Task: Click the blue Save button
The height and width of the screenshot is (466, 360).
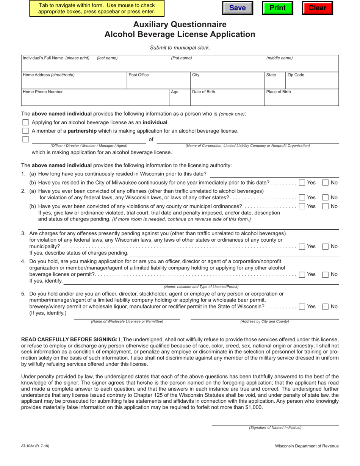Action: click(238, 8)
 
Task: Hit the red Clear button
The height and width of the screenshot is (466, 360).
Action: click(317, 8)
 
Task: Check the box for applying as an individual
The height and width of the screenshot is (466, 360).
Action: click(25, 122)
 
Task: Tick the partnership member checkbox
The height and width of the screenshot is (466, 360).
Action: click(25, 131)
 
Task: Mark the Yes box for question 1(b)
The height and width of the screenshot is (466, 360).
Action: click(302, 183)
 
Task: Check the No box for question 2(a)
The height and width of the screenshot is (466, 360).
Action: click(326, 197)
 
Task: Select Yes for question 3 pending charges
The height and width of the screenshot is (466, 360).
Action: click(302, 247)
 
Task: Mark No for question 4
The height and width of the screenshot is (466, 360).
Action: click(326, 274)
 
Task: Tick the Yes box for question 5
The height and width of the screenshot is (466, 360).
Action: click(302, 306)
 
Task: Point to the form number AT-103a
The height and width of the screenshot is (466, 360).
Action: click(35, 446)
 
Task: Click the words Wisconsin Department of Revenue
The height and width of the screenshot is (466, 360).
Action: click(307, 446)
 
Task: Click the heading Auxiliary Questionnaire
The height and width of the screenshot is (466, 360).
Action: click(180, 25)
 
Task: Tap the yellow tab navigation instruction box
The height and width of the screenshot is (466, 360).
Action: click(97, 8)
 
